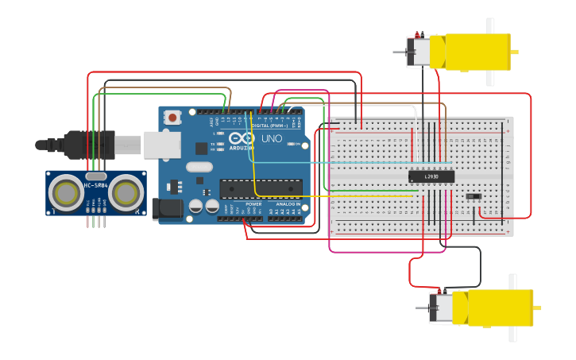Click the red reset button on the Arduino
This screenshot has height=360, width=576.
[173, 118]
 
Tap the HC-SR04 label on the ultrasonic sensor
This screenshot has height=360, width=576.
[95, 186]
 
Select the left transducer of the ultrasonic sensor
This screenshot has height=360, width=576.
[65, 192]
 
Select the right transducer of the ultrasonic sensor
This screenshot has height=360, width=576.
[126, 192]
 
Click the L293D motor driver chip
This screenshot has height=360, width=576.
[431, 176]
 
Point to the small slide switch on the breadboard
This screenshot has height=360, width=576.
[474, 195]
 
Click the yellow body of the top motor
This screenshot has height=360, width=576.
[477, 52]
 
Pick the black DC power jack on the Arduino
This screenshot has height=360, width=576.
[166, 208]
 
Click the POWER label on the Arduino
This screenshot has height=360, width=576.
[253, 204]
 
